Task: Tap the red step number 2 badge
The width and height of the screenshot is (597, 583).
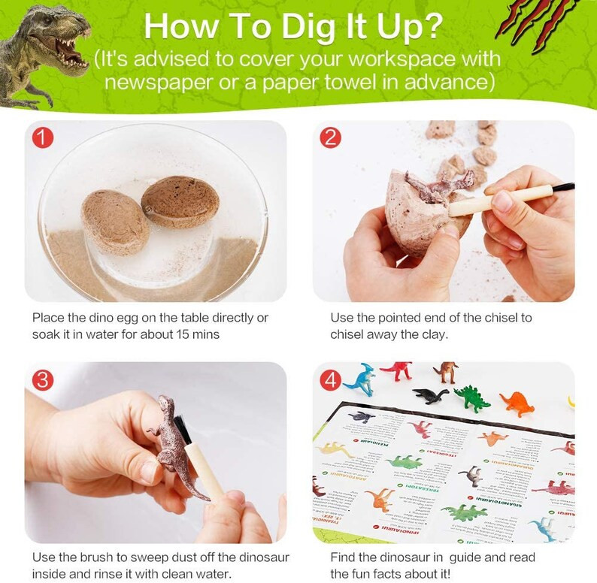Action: point(331,138)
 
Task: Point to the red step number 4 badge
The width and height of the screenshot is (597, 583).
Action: point(331,380)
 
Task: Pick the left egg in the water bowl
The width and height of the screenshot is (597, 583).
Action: point(115,222)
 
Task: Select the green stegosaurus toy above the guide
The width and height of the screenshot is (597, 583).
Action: point(472,397)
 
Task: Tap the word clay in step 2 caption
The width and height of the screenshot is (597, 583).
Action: point(433,334)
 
